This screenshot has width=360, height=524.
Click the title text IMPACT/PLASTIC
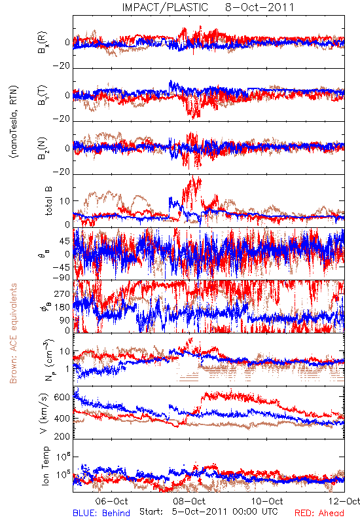tap(165, 7)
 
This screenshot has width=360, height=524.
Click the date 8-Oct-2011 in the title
tap(260, 7)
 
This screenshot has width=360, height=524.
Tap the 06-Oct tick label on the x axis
tap(111, 501)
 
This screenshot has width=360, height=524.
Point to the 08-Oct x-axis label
tap(189, 501)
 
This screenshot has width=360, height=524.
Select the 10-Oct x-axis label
tap(267, 501)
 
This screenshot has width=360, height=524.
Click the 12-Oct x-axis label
tap(344, 501)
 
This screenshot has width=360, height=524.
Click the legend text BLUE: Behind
tap(101, 513)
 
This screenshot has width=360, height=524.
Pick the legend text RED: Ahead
tap(319, 513)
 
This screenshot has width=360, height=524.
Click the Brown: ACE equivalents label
tap(13, 333)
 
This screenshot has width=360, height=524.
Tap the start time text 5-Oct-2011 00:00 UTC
tap(225, 512)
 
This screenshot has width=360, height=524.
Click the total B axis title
tap(48, 201)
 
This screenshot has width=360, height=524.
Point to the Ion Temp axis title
tap(45, 466)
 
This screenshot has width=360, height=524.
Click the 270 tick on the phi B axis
tap(62, 294)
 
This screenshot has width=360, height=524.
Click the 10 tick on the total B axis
tap(65, 201)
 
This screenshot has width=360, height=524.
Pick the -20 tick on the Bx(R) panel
tap(62, 66)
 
